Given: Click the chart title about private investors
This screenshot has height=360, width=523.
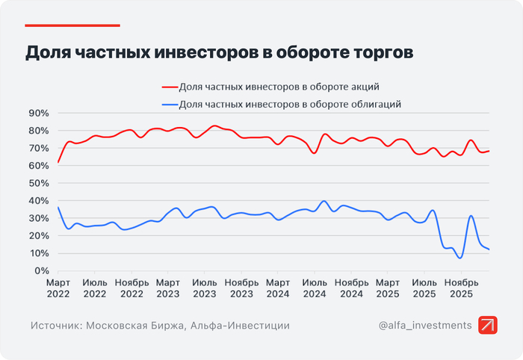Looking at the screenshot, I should pyautogui.click(x=219, y=53).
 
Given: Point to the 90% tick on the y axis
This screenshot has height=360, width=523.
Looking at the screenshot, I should pyautogui.click(x=38, y=113).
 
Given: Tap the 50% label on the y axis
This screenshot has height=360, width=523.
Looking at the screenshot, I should pyautogui.click(x=38, y=183).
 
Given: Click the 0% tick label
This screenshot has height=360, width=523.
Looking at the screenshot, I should pyautogui.click(x=41, y=270).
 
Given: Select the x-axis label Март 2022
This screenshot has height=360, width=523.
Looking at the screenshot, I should pyautogui.click(x=58, y=288).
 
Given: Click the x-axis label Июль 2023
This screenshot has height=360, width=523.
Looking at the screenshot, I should pyautogui.click(x=205, y=288).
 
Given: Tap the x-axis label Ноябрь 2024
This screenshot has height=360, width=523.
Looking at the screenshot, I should pyautogui.click(x=352, y=288).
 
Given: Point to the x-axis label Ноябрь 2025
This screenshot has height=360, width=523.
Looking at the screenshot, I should pyautogui.click(x=462, y=288).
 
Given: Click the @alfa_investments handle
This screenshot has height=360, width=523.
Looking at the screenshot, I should pyautogui.click(x=425, y=326).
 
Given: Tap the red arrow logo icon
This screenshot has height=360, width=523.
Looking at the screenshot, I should pyautogui.click(x=488, y=326).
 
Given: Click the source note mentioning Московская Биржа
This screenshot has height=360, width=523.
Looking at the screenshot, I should pyautogui.click(x=161, y=326).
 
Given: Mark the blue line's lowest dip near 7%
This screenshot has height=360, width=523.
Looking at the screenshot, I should pyautogui.click(x=461, y=258).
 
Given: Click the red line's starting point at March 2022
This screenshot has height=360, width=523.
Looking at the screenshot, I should pyautogui.click(x=58, y=162).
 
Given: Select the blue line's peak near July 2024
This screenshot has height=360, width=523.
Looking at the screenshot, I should pyautogui.click(x=324, y=201).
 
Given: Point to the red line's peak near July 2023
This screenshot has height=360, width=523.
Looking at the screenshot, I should pyautogui.click(x=214, y=125).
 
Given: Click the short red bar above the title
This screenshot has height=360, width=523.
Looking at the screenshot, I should pyautogui.click(x=72, y=25).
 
